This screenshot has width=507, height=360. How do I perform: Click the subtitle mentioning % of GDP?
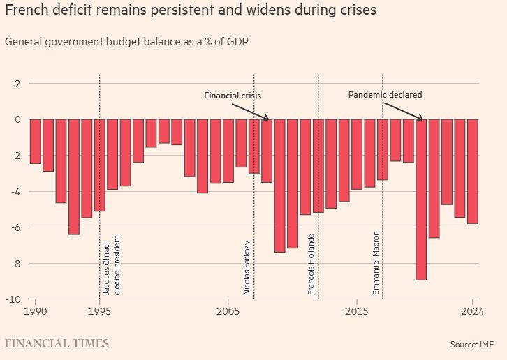(x=127, y=41)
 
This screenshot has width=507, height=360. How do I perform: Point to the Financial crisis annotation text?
(x=232, y=95)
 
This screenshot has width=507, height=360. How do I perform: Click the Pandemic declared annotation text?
(x=385, y=95)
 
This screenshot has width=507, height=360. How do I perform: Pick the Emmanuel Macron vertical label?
(x=376, y=263)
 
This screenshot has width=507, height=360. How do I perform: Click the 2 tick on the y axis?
(x=18, y=84)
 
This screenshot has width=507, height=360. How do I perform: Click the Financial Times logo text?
(x=57, y=343)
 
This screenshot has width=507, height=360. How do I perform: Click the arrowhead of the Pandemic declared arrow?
(x=422, y=119)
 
